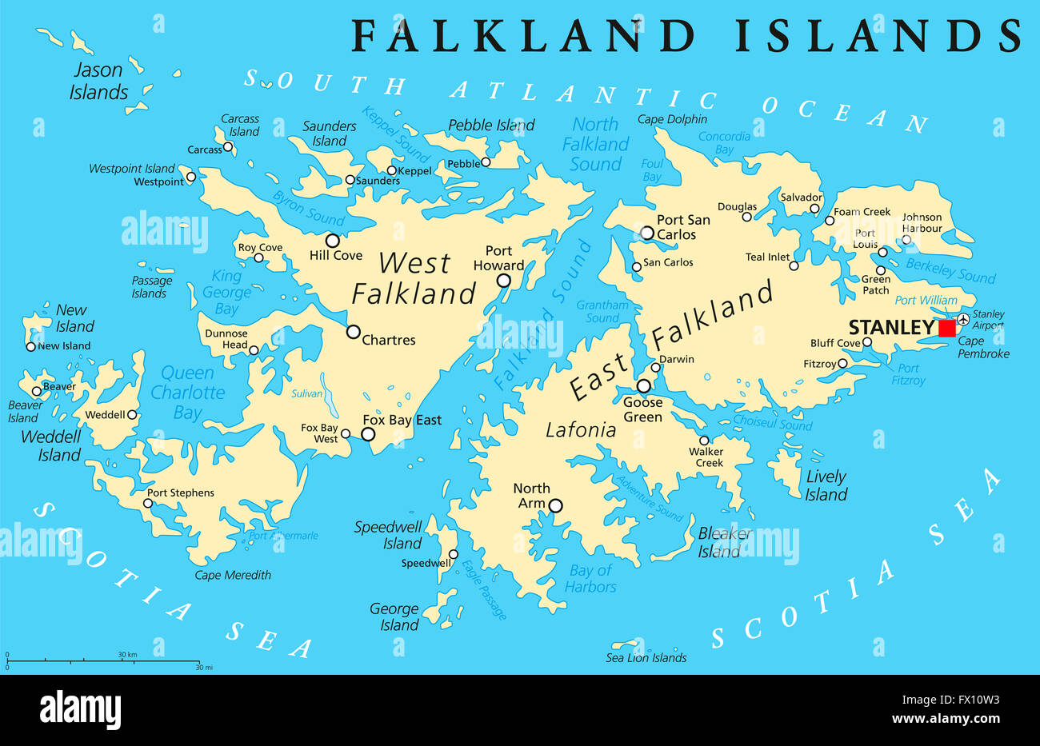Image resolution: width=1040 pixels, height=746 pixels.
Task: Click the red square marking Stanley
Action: pos(947,328)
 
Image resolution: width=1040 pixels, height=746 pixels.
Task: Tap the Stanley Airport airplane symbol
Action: pos(963,320)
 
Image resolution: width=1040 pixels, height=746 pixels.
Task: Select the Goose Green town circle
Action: pos(643,386)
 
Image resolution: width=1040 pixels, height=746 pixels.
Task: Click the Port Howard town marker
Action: pos(504,280)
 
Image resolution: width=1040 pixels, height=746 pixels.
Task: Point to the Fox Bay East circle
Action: pos(368,434)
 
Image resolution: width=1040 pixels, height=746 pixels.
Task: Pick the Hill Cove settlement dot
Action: pos(332,240)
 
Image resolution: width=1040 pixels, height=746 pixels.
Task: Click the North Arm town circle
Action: pos(555,505)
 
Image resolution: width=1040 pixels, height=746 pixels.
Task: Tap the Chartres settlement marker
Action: pos(353,331)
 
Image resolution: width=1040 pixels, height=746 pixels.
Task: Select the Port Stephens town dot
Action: pos(147,503)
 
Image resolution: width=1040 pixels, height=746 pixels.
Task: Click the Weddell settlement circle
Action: pos(132,414)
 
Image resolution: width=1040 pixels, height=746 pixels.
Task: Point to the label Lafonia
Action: pos(581,430)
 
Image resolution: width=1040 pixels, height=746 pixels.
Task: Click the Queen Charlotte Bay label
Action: pos(188,393)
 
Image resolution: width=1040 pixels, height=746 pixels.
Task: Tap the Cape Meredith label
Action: pos(233,575)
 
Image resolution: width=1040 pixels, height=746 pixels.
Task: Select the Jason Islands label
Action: pos(98,82)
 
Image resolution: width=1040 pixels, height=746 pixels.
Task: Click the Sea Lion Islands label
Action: pos(646,658)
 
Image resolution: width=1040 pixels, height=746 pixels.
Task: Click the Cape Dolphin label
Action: pos(672,119)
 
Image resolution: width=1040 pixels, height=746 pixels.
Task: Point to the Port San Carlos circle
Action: pos(647,233)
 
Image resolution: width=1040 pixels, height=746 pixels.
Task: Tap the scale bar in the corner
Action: pos(102,662)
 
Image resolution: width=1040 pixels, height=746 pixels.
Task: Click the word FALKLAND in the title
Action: pos(525,36)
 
